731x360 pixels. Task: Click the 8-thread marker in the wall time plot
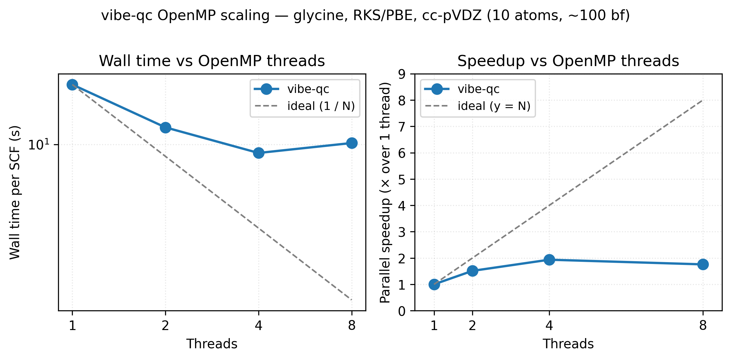click(351, 143)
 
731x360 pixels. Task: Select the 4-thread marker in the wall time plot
click(259, 153)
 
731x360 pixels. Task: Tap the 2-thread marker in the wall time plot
click(165, 128)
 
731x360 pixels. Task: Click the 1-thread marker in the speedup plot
click(434, 284)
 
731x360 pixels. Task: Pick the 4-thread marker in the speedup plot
click(549, 260)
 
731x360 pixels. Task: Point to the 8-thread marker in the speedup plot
click(703, 264)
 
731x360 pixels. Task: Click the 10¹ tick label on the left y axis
click(39, 144)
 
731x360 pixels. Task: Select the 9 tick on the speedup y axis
click(402, 74)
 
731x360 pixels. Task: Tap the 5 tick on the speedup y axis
click(402, 179)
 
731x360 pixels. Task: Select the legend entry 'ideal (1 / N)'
click(321, 106)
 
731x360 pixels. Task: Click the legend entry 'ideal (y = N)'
click(494, 106)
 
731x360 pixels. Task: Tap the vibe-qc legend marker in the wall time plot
click(266, 89)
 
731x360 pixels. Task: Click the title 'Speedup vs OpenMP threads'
click(568, 61)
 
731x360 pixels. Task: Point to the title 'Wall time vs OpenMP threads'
click(212, 61)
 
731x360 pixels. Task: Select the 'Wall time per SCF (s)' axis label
click(15, 192)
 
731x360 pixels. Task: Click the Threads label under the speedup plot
click(568, 344)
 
